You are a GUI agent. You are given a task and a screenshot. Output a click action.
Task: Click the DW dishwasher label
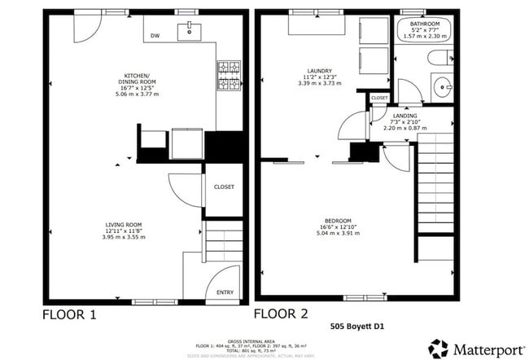(x=154, y=35)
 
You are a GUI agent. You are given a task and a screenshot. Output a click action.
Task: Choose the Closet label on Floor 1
(x=224, y=187)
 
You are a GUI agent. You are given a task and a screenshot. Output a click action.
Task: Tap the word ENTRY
(x=224, y=292)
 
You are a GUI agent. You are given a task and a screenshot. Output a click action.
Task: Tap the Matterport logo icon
(x=439, y=348)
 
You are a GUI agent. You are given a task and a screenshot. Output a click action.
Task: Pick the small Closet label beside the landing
(x=379, y=98)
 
